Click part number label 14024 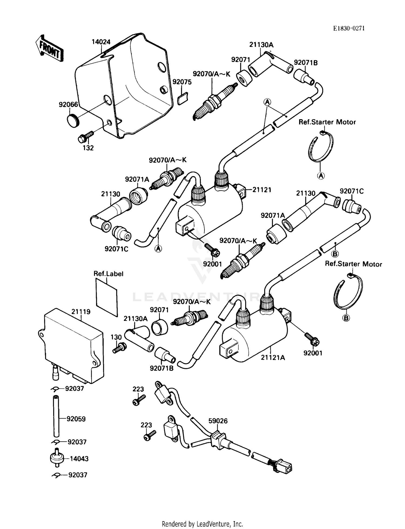[101, 42]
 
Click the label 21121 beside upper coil [262, 190]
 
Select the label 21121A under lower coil [273, 358]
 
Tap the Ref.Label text [108, 274]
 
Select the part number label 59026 [218, 421]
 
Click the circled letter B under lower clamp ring [346, 318]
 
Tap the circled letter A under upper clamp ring [321, 176]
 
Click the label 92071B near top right [306, 63]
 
